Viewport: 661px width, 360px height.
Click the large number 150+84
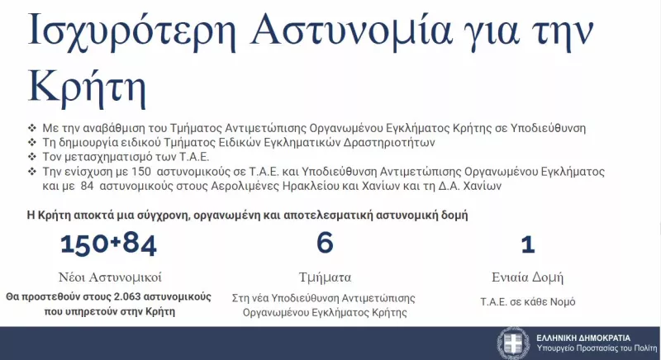click(x=107, y=244)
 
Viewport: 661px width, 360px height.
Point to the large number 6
click(x=325, y=244)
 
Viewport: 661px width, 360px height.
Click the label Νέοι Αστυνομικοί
click(x=109, y=277)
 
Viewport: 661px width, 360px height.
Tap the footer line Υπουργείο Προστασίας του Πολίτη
click(x=589, y=348)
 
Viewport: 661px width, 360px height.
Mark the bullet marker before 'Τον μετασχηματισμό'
click(x=31, y=157)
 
